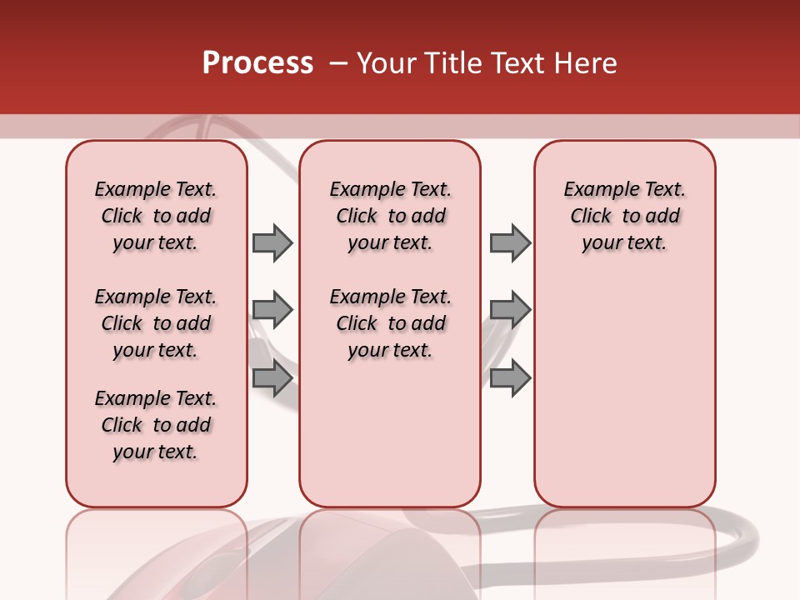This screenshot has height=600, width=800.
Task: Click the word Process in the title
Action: pos(257,63)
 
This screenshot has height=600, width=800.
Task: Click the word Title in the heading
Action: pos(454,63)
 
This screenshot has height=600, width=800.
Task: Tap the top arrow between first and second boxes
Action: pos(272,242)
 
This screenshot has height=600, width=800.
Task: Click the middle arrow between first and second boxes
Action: pos(272,310)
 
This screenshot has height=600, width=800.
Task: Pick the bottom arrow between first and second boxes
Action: pos(272,378)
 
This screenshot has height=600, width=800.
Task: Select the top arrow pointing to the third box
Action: pos(510,242)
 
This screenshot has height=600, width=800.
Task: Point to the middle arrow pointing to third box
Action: pos(510,310)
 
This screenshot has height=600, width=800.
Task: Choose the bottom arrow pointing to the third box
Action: pos(510,378)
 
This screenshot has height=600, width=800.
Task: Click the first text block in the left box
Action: pos(156,216)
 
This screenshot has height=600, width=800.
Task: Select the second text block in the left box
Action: pos(156,323)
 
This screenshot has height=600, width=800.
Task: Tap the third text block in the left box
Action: pos(156,425)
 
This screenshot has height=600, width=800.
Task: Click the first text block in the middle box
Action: pos(390,216)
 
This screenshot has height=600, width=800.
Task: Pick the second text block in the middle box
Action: pos(390,323)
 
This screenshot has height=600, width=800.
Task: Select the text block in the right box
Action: pos(624,216)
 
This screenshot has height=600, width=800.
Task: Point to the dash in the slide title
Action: pos(338,63)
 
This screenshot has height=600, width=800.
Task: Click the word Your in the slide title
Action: pos(387,63)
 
